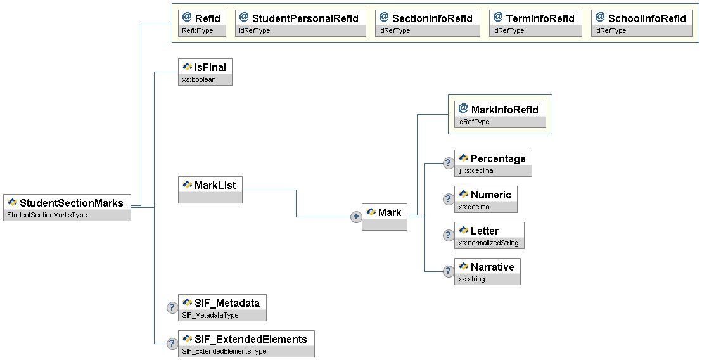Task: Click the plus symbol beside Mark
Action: click(356, 217)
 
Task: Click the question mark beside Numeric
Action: click(448, 199)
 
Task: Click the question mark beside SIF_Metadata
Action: click(172, 307)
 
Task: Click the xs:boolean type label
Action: click(199, 80)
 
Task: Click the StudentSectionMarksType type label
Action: click(47, 215)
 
